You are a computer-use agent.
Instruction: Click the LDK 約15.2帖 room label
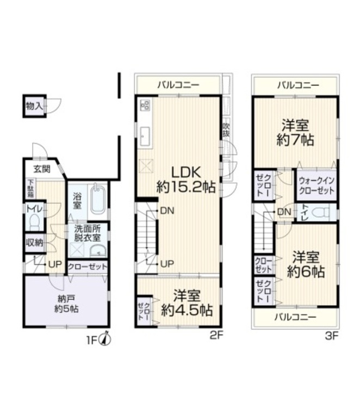click(x=186, y=180)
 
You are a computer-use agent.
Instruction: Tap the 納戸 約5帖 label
click(x=66, y=303)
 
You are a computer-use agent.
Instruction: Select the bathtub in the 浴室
click(x=98, y=200)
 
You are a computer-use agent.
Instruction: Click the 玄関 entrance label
click(x=41, y=169)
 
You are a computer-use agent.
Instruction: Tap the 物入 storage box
click(x=34, y=106)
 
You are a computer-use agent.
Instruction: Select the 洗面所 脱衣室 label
click(x=88, y=233)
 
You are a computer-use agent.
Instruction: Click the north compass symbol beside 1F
click(x=107, y=339)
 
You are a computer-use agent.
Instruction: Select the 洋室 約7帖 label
click(x=295, y=132)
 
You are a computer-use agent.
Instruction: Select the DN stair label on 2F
click(x=166, y=211)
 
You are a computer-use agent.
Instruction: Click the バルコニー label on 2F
click(x=178, y=85)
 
